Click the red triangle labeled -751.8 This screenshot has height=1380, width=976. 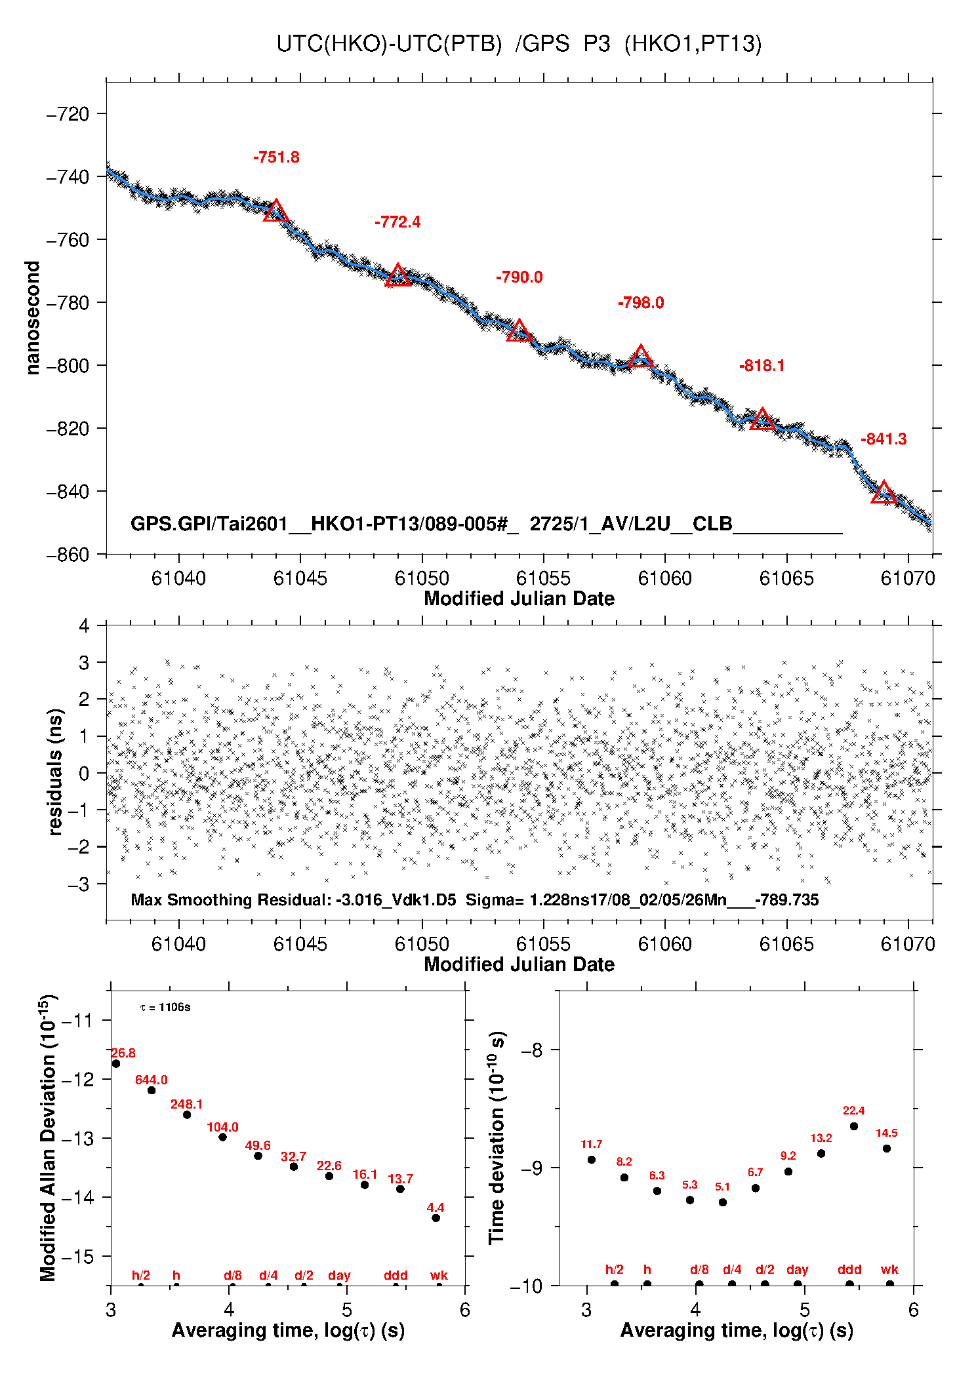pyautogui.click(x=276, y=212)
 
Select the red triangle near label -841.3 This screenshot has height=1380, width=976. pyautogui.click(x=884, y=492)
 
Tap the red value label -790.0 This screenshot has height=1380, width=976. pyautogui.click(x=519, y=277)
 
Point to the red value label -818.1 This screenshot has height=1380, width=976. pyautogui.click(x=762, y=366)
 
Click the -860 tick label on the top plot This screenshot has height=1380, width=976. pyautogui.click(x=68, y=555)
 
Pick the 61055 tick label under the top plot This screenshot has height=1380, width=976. pyautogui.click(x=543, y=578)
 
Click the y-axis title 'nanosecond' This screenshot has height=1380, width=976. pyautogui.click(x=32, y=318)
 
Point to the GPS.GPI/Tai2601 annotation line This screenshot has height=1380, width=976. pyautogui.click(x=485, y=524)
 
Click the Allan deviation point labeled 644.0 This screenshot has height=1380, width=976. pyautogui.click(x=152, y=1090)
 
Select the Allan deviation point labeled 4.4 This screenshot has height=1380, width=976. pyautogui.click(x=436, y=1218)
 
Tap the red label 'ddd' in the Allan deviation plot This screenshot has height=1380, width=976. pyautogui.click(x=396, y=1275)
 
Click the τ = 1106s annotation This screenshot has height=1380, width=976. pyautogui.click(x=165, y=1007)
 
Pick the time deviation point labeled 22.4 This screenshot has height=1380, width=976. pyautogui.click(x=853, y=1126)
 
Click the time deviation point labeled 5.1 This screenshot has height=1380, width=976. pyautogui.click(x=722, y=1202)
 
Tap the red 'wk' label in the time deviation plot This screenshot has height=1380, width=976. pyautogui.click(x=889, y=1270)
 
